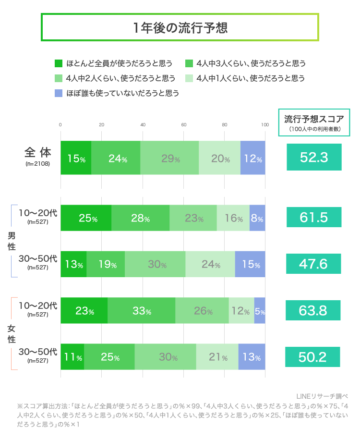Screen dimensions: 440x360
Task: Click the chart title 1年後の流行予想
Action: [x=180, y=27]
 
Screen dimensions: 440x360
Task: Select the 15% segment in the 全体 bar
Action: [x=76, y=158]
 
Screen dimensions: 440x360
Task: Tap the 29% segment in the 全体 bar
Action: [x=169, y=158]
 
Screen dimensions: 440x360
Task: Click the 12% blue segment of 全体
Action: [x=253, y=158]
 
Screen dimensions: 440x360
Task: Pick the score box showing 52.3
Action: [x=314, y=157]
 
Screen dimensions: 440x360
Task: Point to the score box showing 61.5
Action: [x=314, y=217]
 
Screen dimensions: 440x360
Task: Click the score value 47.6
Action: [x=314, y=264]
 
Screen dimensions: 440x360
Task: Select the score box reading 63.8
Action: [x=314, y=310]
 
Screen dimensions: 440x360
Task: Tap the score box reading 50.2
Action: [x=314, y=357]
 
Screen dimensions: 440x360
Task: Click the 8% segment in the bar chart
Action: [x=257, y=218]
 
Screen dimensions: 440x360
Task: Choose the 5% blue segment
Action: [x=260, y=311]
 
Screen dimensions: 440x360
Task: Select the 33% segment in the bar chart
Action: [x=142, y=311]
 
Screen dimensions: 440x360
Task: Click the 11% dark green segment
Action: [x=72, y=357]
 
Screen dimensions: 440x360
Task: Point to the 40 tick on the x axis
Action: [x=143, y=125]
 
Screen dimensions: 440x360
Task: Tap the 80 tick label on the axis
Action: [x=225, y=125]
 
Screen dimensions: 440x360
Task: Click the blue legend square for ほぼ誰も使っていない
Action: [x=59, y=93]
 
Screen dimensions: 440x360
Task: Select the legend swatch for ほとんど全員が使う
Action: [x=59, y=63]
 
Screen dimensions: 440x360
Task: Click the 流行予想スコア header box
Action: [x=314, y=122]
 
